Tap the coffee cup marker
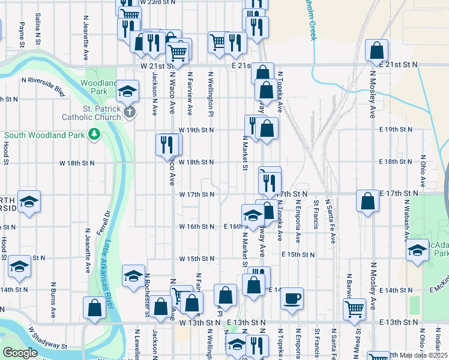pyautogui.click(x=292, y=298)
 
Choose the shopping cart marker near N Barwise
pyautogui.click(x=354, y=308)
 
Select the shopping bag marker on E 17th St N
pyautogui.click(x=367, y=201)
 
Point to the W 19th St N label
pyautogui.click(x=196, y=130)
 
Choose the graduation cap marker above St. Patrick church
pyautogui.click(x=127, y=91)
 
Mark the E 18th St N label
pyautogui.click(x=399, y=162)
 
